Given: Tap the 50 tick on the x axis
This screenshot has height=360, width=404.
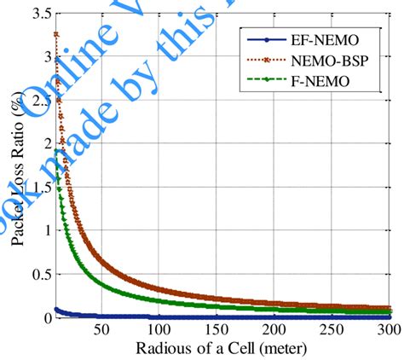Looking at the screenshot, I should pyautogui.click(x=101, y=331).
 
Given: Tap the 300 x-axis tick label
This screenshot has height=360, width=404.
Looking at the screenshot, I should pyautogui.click(x=388, y=331).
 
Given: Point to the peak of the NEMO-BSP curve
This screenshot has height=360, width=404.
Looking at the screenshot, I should pyautogui.click(x=56, y=34).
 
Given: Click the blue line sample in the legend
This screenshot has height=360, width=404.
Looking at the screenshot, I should pyautogui.click(x=266, y=40).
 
